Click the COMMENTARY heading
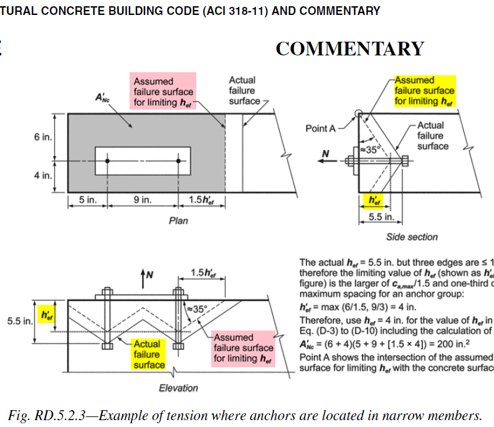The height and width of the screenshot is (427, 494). coord(349,49)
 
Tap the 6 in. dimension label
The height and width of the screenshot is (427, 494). coord(43,137)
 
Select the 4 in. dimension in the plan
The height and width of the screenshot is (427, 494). coord(43,176)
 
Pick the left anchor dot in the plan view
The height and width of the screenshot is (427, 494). coord(108,161)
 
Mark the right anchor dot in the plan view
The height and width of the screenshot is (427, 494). coord(179,161)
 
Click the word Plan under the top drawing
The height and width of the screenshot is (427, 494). coord(179,221)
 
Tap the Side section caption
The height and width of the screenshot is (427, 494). coord(412,237)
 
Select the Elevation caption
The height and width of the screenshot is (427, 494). coord(179,388)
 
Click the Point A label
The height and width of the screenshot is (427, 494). coord(320,129)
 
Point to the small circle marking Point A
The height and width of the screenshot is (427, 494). coord(359,114)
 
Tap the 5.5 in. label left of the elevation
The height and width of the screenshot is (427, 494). coord(19,322)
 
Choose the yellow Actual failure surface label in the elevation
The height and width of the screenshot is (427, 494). coord(148,354)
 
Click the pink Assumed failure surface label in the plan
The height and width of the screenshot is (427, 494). coord(164,91)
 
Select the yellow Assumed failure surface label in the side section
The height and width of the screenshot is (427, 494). coord(424,90)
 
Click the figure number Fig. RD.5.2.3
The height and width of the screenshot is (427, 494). coord(50,416)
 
